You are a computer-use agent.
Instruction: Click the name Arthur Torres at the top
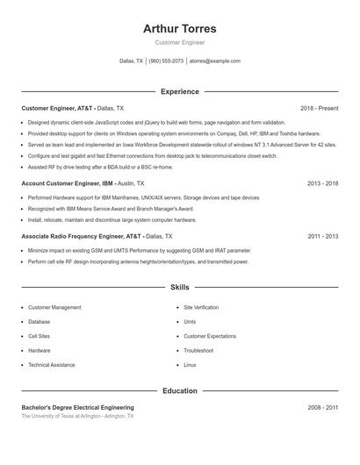pyautogui.click(x=179, y=28)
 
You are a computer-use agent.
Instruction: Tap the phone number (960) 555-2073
pyautogui.click(x=166, y=61)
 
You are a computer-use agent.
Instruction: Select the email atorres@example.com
pyautogui.click(x=215, y=61)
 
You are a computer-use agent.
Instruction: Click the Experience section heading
pyautogui.click(x=179, y=91)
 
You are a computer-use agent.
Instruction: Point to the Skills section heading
pyautogui.click(x=179, y=287)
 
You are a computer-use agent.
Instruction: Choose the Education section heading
pyautogui.click(x=179, y=390)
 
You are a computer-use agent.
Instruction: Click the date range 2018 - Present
pyautogui.click(x=319, y=108)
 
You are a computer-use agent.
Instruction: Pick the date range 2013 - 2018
pyautogui.click(x=322, y=183)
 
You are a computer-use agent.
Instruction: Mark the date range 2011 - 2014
pyautogui.click(x=322, y=236)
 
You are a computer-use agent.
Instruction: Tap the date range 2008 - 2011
pyautogui.click(x=322, y=407)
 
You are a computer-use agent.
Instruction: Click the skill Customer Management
pyautogui.click(x=54, y=308)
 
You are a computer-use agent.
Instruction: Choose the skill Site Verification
pyautogui.click(x=201, y=308)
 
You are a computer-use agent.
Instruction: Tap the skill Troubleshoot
pyautogui.click(x=199, y=350)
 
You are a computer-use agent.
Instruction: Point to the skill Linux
pyautogui.click(x=190, y=364)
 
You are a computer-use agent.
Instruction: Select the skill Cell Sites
pyautogui.click(x=39, y=336)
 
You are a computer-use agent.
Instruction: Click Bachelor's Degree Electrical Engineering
pyautogui.click(x=77, y=407)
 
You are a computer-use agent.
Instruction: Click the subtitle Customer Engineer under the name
pyautogui.click(x=179, y=42)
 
